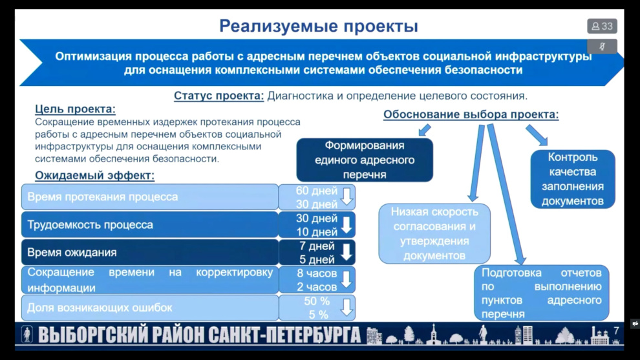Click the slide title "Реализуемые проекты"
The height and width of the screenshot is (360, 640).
318,26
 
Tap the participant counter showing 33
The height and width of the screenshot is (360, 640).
602,26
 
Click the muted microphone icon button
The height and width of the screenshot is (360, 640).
602,47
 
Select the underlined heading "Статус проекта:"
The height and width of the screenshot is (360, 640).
219,96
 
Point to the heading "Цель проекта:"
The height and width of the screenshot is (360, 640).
75,109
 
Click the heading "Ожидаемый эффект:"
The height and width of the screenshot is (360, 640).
94,176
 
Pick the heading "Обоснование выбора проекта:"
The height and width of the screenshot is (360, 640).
471,114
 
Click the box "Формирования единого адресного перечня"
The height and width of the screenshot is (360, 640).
365,160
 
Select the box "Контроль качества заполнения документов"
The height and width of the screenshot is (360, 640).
573,179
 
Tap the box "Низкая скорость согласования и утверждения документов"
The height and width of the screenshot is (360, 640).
434,233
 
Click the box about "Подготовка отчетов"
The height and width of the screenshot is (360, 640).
541,293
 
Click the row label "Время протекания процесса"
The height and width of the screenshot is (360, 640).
102,196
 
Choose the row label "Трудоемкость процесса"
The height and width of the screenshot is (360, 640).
90,224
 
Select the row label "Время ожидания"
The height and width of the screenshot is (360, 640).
72,252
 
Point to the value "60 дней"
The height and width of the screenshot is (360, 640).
317,191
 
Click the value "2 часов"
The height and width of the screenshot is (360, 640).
317,287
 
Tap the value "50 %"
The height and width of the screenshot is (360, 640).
317,301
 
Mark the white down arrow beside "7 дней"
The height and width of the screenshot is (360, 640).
347,252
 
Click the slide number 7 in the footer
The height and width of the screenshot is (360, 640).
616,331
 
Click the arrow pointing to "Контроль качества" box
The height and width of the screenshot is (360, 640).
537,135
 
